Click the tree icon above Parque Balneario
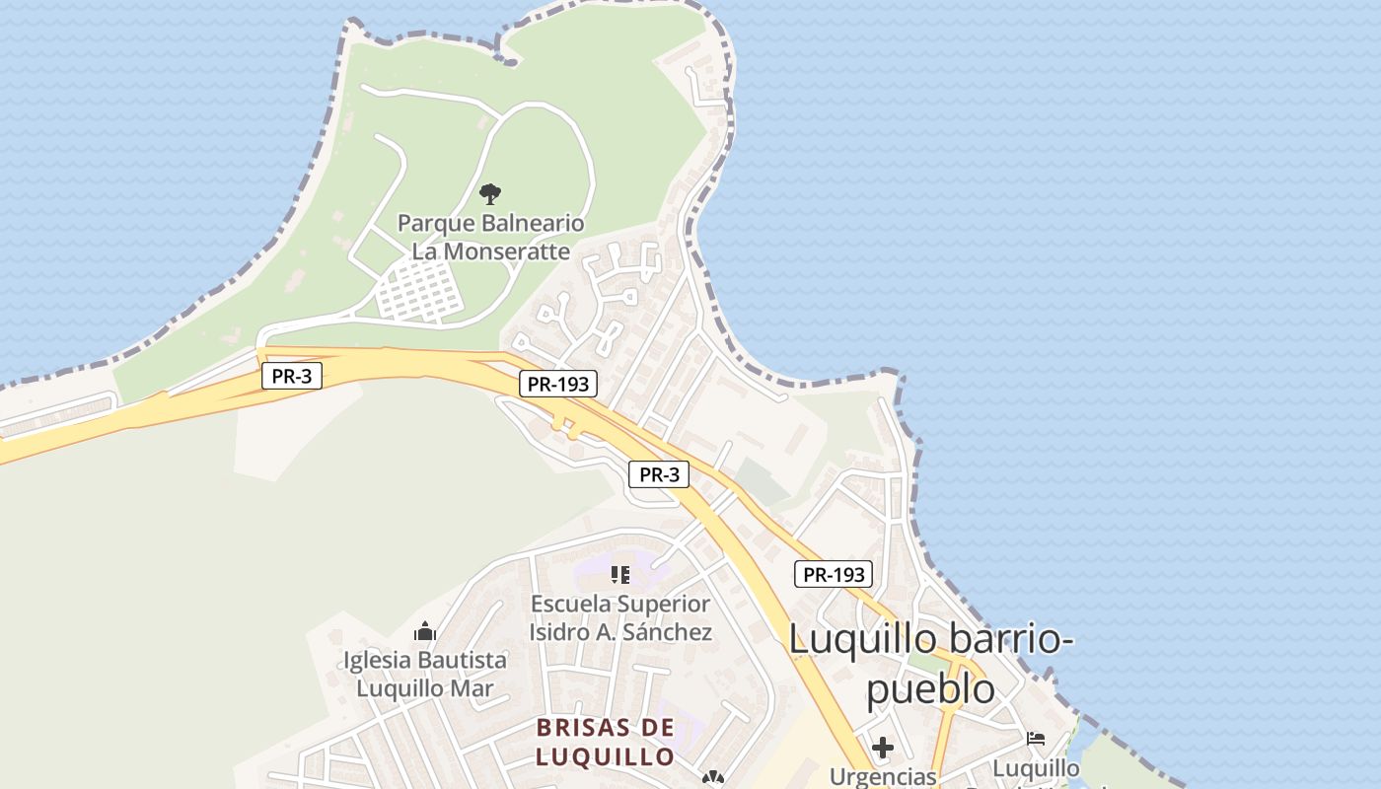tap(490, 193)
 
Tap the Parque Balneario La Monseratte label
tap(490, 237)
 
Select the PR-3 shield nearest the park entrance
tap(292, 376)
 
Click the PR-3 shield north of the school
tap(659, 474)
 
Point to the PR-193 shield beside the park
tap(558, 385)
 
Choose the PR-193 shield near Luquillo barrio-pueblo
tap(834, 574)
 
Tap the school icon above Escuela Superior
tap(620, 574)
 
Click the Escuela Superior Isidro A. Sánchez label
tap(620, 617)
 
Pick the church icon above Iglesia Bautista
tap(425, 630)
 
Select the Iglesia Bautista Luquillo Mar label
tap(425, 674)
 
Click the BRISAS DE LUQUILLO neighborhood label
tap(606, 743)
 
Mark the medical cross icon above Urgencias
tap(883, 748)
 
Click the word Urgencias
tap(883, 777)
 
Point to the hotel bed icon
tap(1036, 738)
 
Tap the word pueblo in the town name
tap(930, 689)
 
